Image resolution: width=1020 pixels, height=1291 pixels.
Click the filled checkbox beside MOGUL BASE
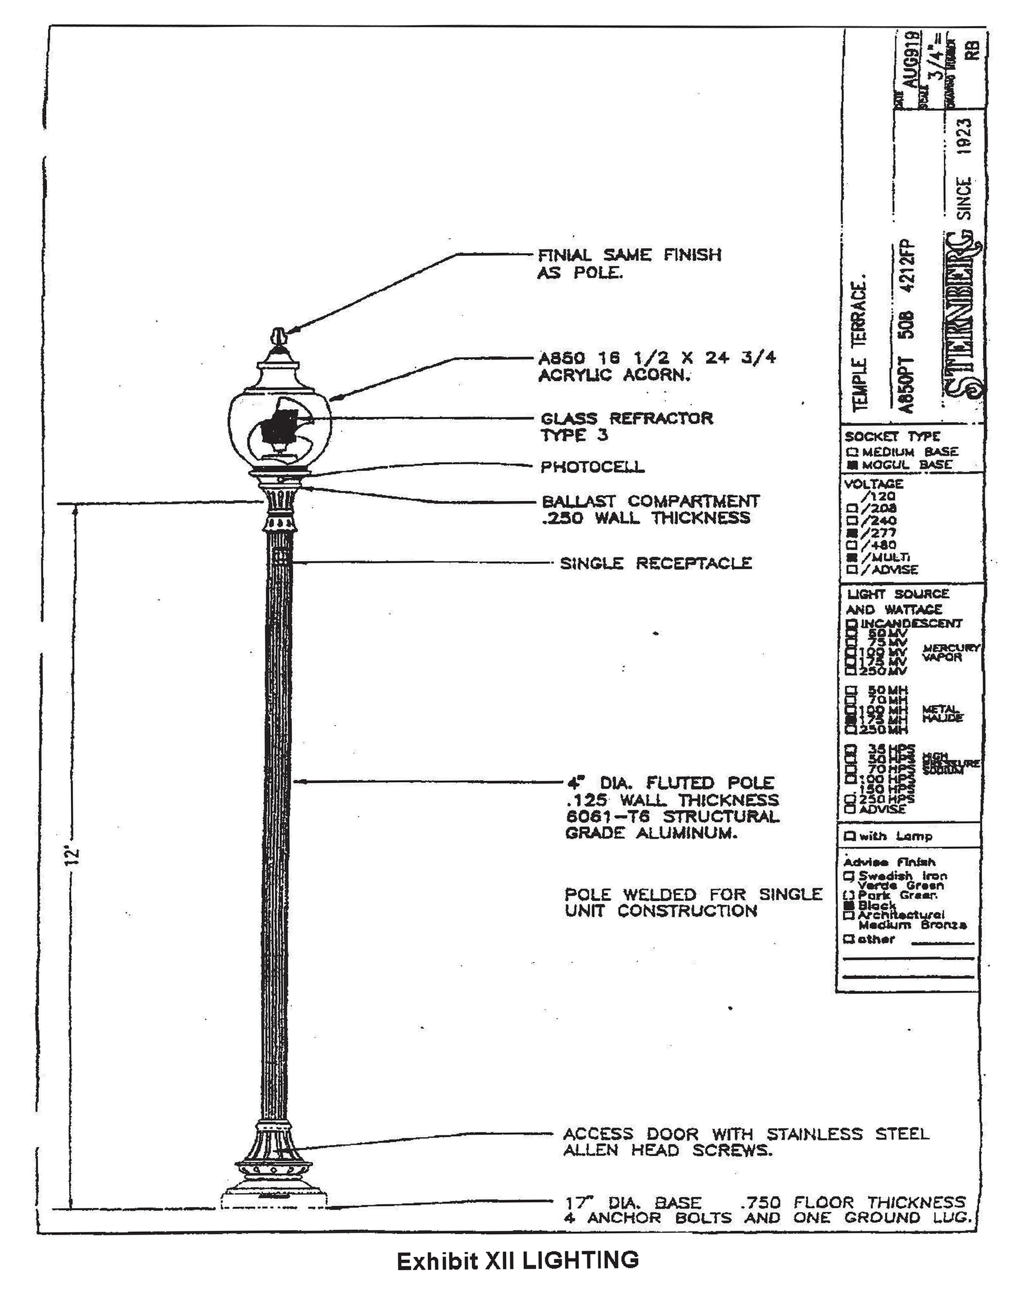click(852, 465)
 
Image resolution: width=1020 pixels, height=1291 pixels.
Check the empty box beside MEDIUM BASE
click(852, 452)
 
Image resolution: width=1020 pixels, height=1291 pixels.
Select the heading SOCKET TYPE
click(892, 437)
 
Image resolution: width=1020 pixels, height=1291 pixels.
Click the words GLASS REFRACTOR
click(626, 419)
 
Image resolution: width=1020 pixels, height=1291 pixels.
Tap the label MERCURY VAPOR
click(951, 652)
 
